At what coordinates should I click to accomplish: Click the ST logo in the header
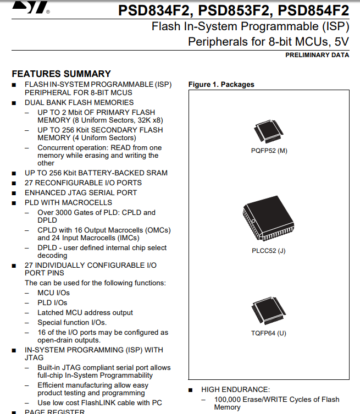(30, 7)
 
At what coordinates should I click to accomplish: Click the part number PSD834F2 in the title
(154, 10)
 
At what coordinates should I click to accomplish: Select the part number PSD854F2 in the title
(313, 10)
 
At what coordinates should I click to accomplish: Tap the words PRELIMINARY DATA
(317, 55)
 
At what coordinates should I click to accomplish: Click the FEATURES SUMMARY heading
(61, 74)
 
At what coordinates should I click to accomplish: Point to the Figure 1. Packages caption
(221, 85)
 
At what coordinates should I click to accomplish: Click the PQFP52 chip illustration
(268, 132)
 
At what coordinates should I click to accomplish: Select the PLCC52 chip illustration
(268, 218)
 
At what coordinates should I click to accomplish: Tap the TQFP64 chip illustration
(269, 311)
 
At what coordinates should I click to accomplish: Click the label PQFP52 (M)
(269, 151)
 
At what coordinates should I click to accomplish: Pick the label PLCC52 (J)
(269, 251)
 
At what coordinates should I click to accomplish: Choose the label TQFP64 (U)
(269, 333)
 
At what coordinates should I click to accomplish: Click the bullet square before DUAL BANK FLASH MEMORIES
(14, 103)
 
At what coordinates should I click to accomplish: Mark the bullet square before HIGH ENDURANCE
(191, 390)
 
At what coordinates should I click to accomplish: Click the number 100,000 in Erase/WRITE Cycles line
(227, 400)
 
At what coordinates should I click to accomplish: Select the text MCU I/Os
(53, 293)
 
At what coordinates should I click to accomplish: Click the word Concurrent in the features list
(55, 147)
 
